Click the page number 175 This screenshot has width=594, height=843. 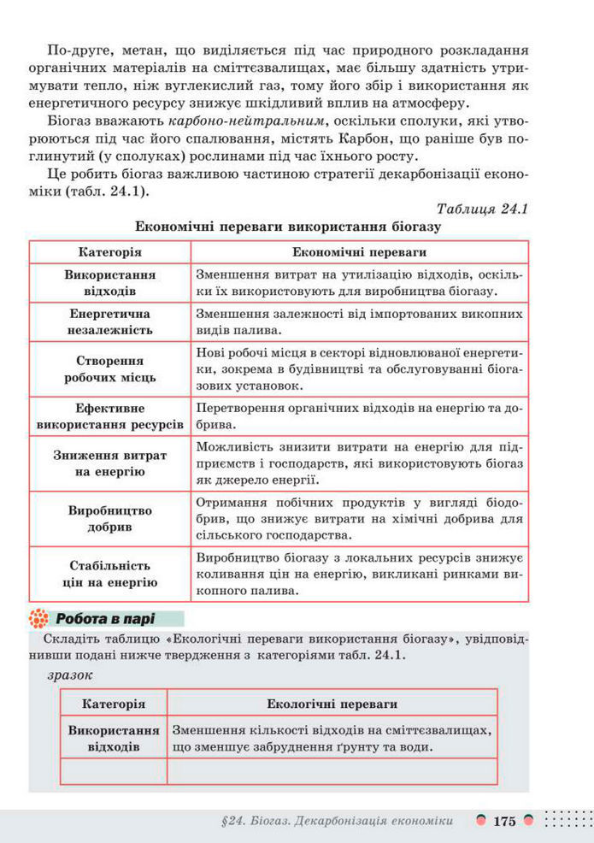tap(504, 821)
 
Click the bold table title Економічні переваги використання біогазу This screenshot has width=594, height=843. tap(287, 227)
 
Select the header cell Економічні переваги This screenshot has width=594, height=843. tap(359, 253)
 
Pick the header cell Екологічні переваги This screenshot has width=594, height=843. tap(332, 704)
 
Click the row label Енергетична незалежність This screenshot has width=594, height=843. tap(110, 321)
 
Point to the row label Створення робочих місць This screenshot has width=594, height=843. tap(110, 368)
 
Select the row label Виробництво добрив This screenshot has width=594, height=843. tap(110, 518)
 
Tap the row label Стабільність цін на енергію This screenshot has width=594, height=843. tap(110, 574)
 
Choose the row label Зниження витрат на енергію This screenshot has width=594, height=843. tap(110, 463)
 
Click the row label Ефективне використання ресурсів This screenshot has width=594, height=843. tap(110, 416)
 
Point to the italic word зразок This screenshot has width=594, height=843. tap(71, 675)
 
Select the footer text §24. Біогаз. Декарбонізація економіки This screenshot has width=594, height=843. tap(336, 822)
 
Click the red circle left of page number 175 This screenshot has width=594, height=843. tap(482, 821)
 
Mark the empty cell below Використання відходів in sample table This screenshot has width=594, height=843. tap(114, 770)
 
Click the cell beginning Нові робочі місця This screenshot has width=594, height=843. tap(359, 368)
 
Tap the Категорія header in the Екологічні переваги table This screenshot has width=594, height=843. tap(114, 704)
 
